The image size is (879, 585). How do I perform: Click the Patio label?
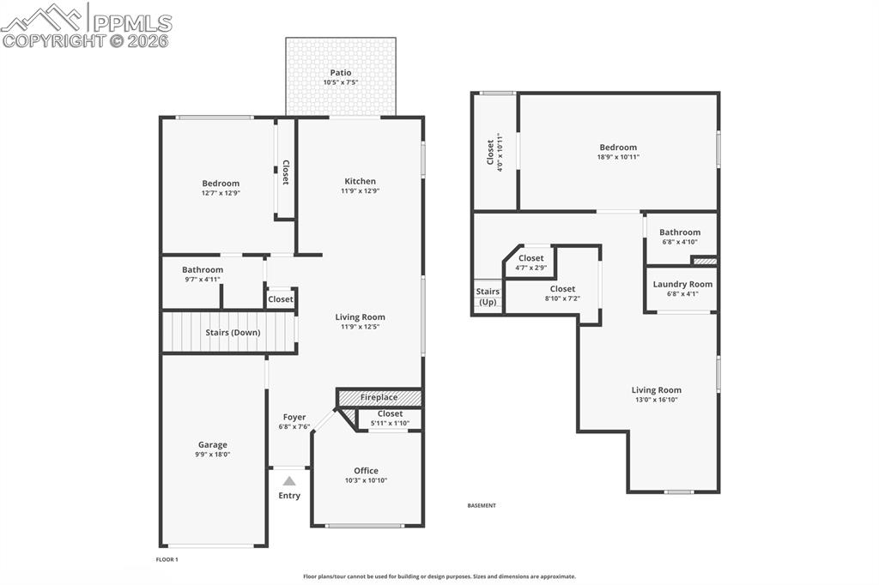click(x=341, y=73)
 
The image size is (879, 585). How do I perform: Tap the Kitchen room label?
click(x=361, y=181)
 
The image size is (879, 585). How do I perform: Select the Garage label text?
click(x=213, y=444)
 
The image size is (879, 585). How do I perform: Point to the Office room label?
click(x=366, y=470)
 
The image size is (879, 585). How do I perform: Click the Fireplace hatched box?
click(x=379, y=397)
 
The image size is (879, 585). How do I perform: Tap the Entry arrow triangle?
click(x=289, y=481)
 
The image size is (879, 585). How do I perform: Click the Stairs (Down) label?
click(x=233, y=332)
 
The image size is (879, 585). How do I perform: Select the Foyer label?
click(x=294, y=418)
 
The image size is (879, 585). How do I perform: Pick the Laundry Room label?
click(x=682, y=284)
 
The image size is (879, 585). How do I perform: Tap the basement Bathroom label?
click(x=680, y=232)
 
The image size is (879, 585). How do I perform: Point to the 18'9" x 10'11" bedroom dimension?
click(x=618, y=157)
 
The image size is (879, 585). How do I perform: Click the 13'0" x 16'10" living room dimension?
click(x=657, y=400)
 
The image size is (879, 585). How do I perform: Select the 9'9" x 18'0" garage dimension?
click(x=213, y=455)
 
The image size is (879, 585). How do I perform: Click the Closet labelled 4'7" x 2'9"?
click(x=530, y=258)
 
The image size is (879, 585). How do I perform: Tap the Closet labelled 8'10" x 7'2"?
click(x=562, y=289)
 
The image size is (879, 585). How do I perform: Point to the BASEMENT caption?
click(x=482, y=505)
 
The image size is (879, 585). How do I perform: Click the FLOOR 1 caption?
click(x=167, y=559)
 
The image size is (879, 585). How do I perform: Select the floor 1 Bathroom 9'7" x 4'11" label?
click(x=203, y=269)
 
